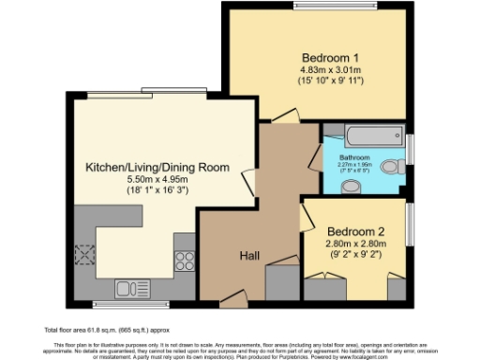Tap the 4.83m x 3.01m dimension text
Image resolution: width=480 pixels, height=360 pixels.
pyautogui.click(x=323, y=69)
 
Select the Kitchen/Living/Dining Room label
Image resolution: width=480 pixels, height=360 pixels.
pyautogui.click(x=157, y=167)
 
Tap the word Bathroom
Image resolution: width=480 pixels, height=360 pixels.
pyautogui.click(x=354, y=157)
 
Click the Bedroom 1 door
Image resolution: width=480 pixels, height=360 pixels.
pyautogui.click(x=284, y=115)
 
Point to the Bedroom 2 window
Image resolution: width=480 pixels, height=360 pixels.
pyautogui.click(x=410, y=225)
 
